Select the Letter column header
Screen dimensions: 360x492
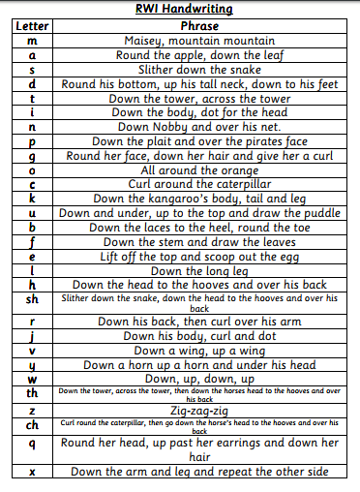33,26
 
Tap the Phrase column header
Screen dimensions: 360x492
200,26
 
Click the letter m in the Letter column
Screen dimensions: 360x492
33,42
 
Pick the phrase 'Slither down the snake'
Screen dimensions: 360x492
200,70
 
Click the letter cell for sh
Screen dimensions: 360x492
33,303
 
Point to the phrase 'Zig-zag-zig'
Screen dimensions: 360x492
200,410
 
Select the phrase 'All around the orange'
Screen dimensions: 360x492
200,169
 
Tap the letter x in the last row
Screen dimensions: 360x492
33,472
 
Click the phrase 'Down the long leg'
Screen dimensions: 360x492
200,270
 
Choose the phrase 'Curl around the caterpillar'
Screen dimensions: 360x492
200,183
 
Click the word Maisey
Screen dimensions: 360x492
146,42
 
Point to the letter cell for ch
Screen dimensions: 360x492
33,424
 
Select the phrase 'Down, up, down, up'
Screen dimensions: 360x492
200,379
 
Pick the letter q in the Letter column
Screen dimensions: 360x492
33,449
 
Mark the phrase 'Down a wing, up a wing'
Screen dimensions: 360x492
200,350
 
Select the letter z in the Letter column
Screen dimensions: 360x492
33,410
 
